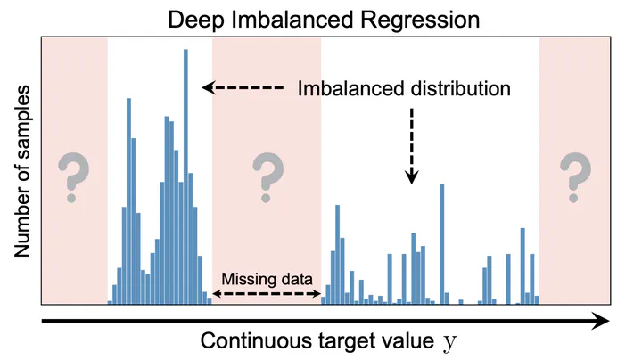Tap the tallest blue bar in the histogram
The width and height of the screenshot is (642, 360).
185,176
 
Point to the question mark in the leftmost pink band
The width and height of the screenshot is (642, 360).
73,177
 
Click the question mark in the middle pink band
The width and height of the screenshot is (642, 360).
267,177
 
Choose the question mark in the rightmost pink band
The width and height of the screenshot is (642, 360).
575,177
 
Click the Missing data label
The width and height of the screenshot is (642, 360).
267,279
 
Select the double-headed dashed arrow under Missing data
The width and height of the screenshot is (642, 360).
267,294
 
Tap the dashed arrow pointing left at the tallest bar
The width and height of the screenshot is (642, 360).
243,87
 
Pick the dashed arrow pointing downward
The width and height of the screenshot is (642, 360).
412,146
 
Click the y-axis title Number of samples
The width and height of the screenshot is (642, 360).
22,171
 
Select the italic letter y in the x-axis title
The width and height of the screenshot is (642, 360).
449,342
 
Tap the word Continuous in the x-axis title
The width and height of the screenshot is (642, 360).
257,340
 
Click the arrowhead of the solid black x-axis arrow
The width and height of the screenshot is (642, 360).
602,321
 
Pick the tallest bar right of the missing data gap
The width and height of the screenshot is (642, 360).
441,244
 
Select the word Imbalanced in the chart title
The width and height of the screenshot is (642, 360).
292,20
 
